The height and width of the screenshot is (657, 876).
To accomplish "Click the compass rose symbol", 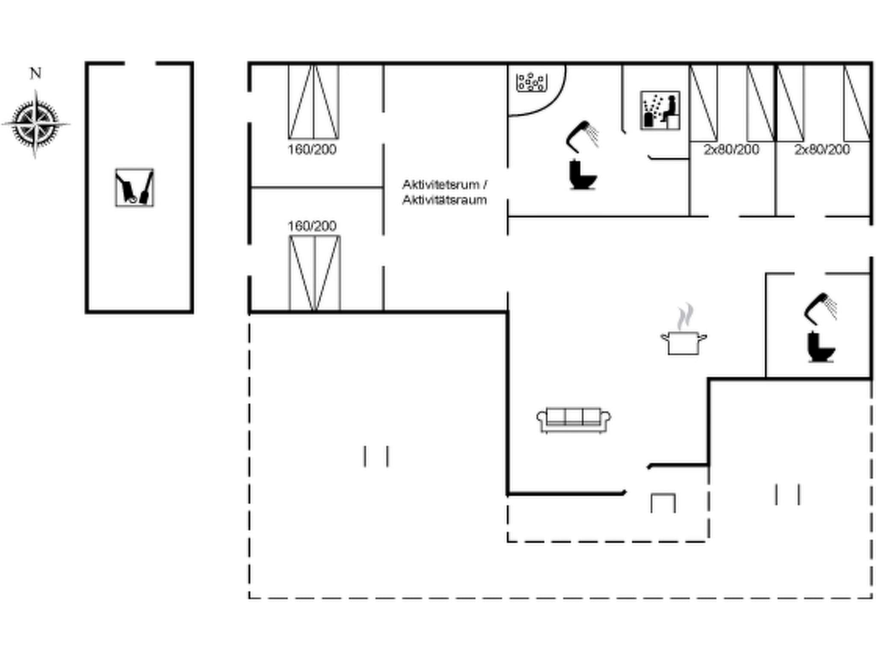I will point(36,124).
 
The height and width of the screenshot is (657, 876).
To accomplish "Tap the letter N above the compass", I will point(36,74).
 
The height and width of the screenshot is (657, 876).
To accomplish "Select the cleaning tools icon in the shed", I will point(134,187).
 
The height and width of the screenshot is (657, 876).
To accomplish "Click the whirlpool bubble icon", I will point(532,83).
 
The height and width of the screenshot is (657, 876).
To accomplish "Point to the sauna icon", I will point(660,110).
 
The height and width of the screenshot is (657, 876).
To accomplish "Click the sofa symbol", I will point(574,420).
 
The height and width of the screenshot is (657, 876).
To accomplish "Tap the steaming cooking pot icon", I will point(684,334).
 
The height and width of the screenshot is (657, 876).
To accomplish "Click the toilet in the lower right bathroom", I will point(820,347).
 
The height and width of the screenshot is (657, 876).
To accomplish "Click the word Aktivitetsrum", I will point(441,185).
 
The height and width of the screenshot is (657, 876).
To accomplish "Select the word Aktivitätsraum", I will point(444,200).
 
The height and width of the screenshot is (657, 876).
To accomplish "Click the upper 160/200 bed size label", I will point(312,150).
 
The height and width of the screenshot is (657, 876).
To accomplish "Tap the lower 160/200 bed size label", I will point(312,226).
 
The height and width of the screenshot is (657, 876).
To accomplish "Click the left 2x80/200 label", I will point(731,150).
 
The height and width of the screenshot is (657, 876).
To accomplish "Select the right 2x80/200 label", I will point(822,150).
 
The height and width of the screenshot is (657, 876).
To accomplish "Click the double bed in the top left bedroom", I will point(314,102).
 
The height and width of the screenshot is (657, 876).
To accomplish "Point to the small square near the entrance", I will point(663,503).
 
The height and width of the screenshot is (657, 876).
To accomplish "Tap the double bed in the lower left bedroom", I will point(315,273).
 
